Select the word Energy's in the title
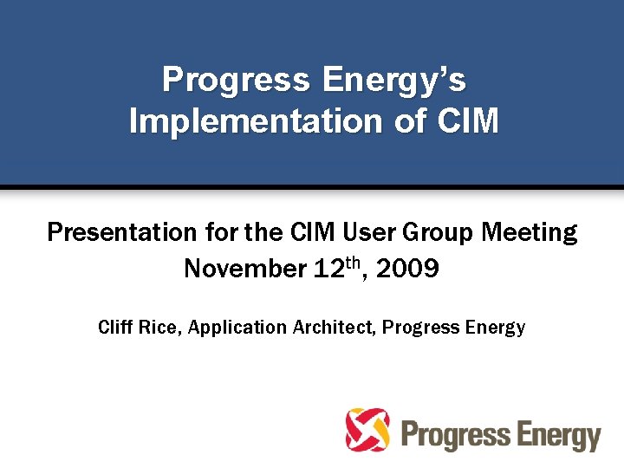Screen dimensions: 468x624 click(394, 81)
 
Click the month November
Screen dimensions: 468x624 click(244, 269)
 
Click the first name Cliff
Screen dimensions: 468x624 click(115, 328)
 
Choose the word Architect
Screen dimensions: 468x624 click(331, 328)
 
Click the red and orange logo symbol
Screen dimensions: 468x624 click(367, 430)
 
